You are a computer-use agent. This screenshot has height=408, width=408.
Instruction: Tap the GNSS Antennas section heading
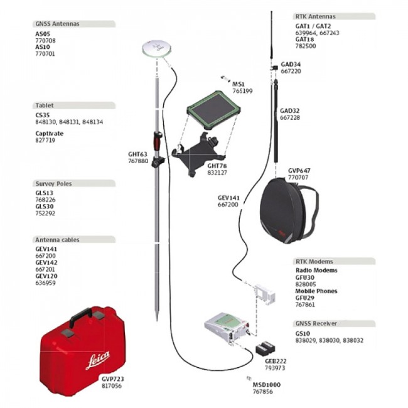tap(57, 24)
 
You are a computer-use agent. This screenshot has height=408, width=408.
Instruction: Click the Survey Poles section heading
tap(53, 184)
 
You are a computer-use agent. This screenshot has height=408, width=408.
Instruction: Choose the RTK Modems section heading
tap(314, 261)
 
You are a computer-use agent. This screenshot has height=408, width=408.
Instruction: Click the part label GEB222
tap(276, 362)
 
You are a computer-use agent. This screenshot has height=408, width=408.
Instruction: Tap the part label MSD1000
tap(266, 384)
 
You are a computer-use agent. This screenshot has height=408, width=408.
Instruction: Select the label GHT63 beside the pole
tap(137, 154)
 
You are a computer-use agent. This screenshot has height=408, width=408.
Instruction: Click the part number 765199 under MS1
tap(242, 91)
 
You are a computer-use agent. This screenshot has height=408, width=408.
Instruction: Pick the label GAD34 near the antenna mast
tap(291, 64)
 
